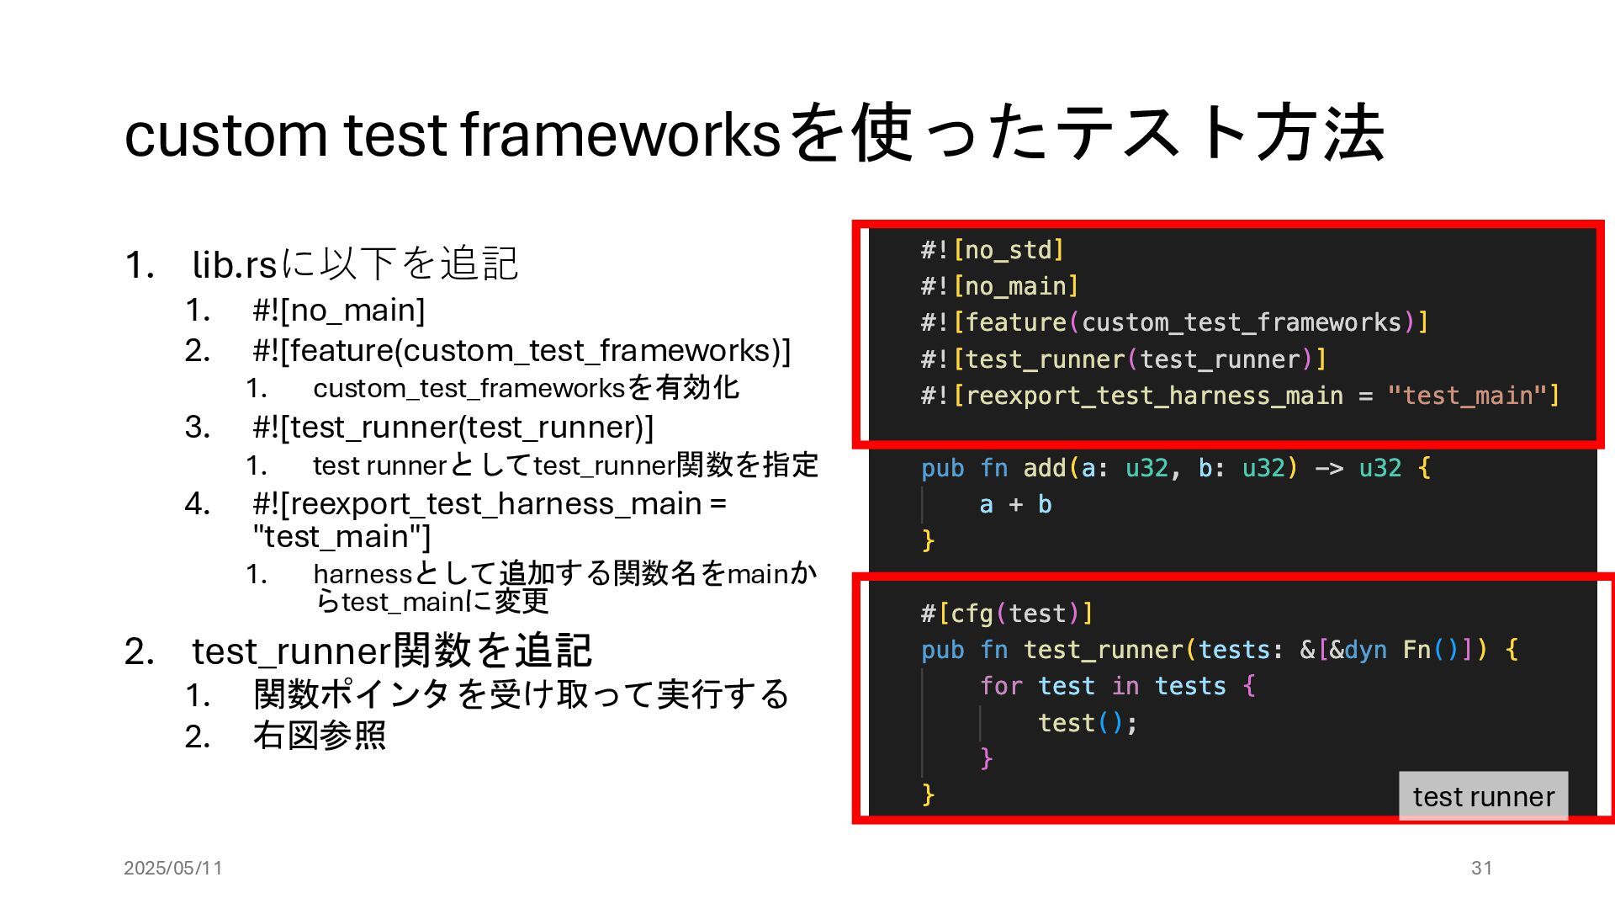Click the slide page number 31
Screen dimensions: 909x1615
[x=1481, y=868]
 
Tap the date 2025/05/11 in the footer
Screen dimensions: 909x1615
[x=173, y=868]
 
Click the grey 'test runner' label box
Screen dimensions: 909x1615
[x=1483, y=796]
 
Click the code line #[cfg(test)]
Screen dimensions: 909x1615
[x=1007, y=614]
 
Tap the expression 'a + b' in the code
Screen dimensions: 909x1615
[x=1015, y=504]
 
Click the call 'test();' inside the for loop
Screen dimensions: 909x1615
[x=1088, y=723]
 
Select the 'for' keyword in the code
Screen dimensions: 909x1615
[x=1001, y=686]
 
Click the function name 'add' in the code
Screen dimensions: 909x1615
[x=1044, y=468]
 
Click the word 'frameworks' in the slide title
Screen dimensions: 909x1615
[x=621, y=135]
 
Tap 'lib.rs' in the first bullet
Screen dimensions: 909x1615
[x=235, y=264]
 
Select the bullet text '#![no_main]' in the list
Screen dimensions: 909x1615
[x=339, y=311]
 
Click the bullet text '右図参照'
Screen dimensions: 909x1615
[x=319, y=736]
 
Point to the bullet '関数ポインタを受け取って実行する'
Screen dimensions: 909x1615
[x=521, y=694]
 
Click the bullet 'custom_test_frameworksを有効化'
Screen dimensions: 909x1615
[x=526, y=388]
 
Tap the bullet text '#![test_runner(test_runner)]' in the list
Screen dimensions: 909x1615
[x=453, y=428]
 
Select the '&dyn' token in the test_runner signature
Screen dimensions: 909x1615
[x=1358, y=650]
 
